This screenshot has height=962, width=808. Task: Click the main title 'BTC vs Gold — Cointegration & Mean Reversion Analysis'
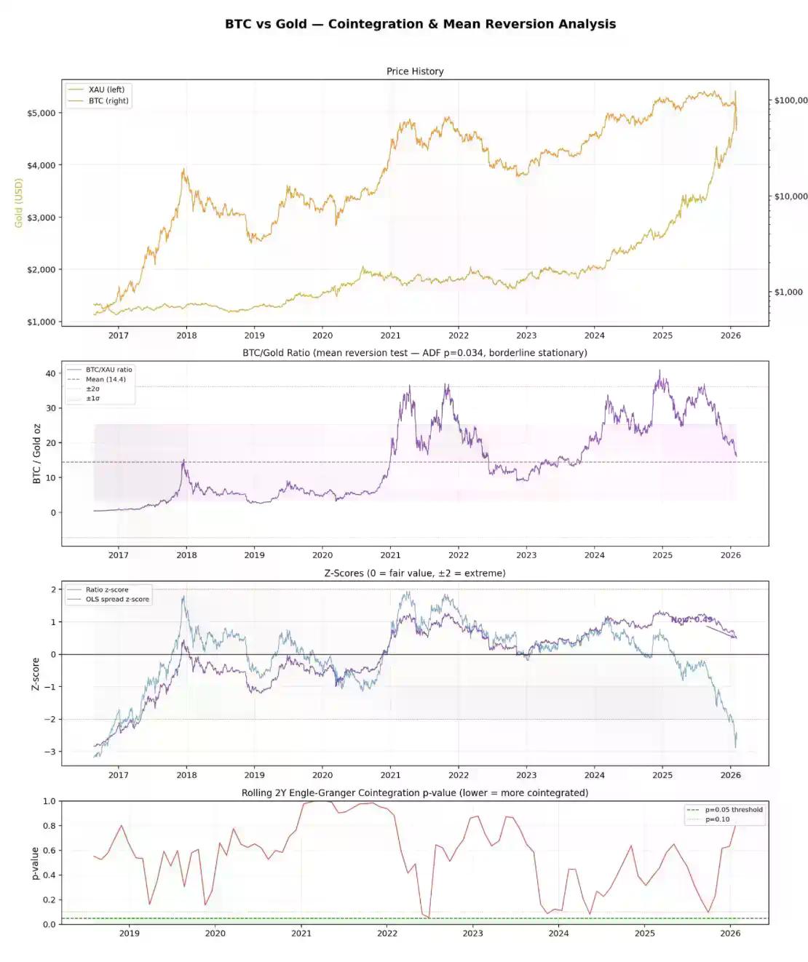click(420, 24)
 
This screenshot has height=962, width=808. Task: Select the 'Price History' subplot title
click(415, 71)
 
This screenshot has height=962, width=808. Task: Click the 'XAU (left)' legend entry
click(106, 90)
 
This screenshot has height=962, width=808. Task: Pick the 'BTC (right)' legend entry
click(109, 101)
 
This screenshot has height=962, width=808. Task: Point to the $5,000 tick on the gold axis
click(41, 113)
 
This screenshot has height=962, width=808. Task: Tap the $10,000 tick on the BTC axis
click(791, 196)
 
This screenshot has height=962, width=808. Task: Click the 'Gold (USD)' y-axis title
click(19, 203)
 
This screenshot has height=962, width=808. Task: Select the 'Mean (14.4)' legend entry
click(106, 379)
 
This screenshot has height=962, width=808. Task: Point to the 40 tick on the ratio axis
click(50, 373)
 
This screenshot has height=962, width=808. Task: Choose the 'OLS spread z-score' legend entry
click(117, 600)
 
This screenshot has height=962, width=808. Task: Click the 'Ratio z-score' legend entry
click(107, 590)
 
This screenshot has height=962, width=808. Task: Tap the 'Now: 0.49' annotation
click(692, 620)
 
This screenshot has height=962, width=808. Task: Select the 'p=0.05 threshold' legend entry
click(734, 810)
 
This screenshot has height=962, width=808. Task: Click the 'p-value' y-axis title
click(35, 863)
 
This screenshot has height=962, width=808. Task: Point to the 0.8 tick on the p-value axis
click(49, 826)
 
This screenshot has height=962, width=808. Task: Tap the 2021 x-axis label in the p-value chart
click(301, 934)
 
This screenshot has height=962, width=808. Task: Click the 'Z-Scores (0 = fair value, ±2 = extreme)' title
click(415, 573)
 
